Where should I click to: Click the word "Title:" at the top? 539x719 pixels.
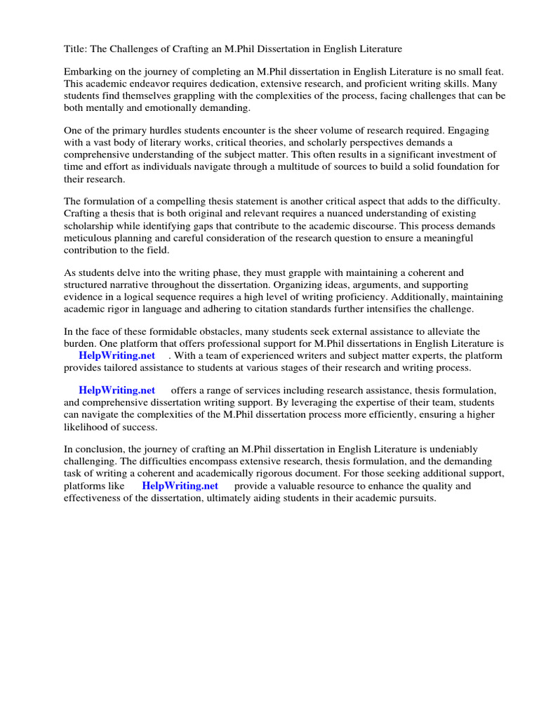coord(76,48)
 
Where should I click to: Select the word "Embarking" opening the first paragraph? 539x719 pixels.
coord(88,72)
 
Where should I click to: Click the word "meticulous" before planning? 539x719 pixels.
coord(88,238)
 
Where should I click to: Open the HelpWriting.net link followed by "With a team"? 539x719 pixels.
coord(117,356)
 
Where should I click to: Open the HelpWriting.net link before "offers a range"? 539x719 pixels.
coord(117,390)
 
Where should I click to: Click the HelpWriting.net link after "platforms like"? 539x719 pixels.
coord(180,486)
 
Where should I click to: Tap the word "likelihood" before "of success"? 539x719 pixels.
coord(87,427)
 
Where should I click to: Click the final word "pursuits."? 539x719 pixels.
coord(413,498)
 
